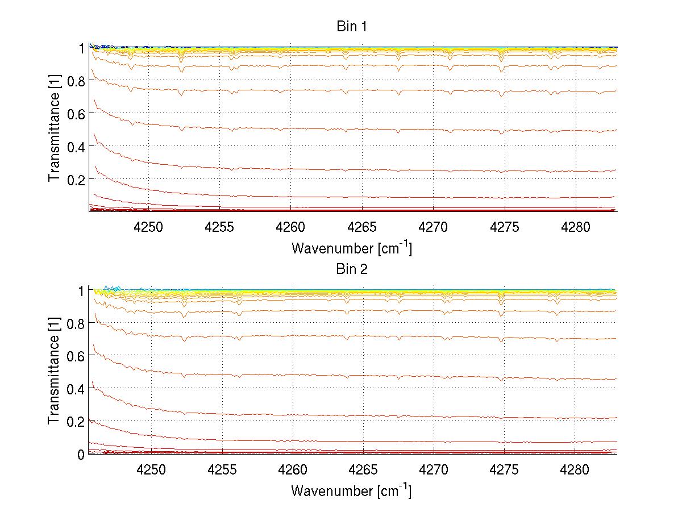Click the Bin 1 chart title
352,27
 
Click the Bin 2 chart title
352,269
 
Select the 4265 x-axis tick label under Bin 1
362,227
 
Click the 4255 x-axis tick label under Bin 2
222,469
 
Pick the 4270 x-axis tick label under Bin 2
433,469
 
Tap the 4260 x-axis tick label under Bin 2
292,469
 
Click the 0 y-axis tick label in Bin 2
81,454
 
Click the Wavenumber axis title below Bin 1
351,248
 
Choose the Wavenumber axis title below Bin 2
351,490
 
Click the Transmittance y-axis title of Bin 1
54,130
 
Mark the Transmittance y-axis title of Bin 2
54,372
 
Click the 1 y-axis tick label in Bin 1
81,48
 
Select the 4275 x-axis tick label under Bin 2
504,469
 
